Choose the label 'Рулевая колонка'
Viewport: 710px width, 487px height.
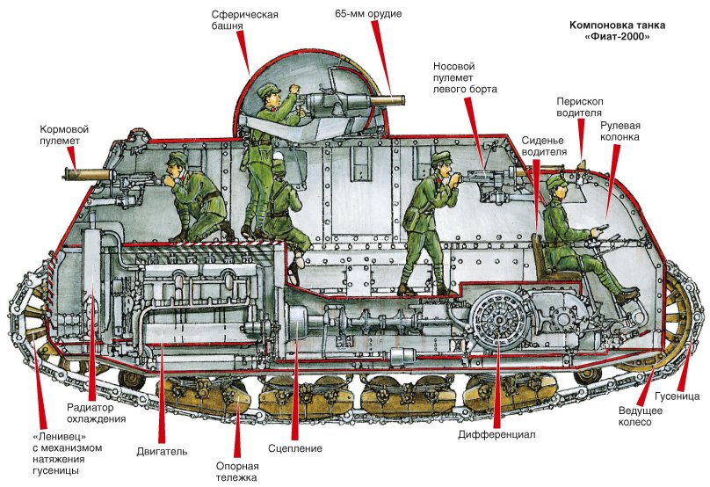[620, 131]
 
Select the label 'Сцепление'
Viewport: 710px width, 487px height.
[295, 449]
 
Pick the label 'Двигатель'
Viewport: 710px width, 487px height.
[161, 451]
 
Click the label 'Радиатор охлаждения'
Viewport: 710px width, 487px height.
[97, 413]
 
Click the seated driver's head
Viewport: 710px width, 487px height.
[555, 185]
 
